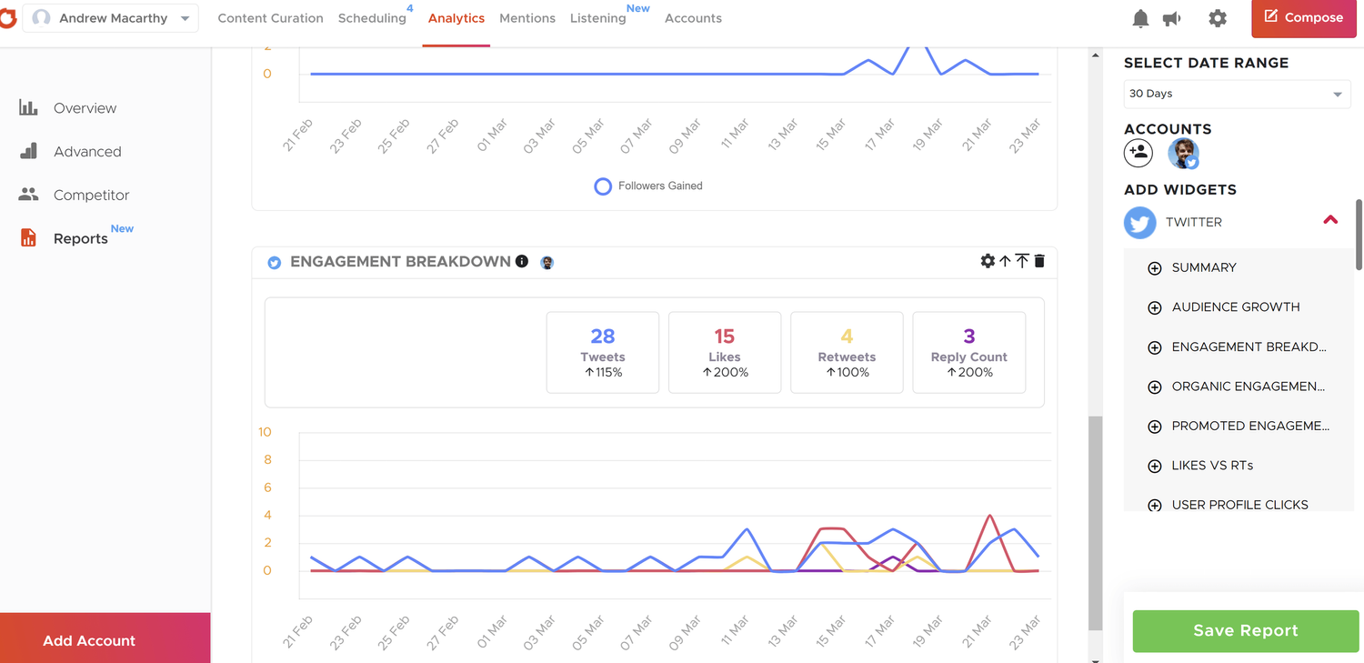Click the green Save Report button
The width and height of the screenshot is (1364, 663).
tap(1245, 630)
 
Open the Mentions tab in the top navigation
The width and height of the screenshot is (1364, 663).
tap(527, 18)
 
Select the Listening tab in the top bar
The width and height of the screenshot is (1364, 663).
tap(597, 18)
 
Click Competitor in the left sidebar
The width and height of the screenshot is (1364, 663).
tap(91, 195)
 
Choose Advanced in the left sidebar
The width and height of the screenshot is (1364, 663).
tap(87, 152)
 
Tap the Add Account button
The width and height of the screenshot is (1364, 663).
tap(89, 640)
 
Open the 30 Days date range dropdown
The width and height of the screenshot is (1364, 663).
tap(1237, 94)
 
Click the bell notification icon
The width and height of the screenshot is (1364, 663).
tap(1140, 18)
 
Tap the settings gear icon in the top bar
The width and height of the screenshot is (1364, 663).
tap(1218, 18)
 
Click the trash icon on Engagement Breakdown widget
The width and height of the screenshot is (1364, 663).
tap(1039, 261)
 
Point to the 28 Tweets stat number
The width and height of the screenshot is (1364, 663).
tap(602, 337)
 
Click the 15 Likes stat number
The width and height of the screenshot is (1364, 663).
tap(725, 337)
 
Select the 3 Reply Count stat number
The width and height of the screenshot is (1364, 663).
tap(969, 337)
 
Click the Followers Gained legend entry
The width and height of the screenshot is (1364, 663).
tap(648, 186)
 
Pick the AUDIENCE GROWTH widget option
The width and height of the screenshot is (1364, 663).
tap(1235, 307)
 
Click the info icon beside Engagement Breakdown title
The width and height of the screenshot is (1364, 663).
tap(522, 261)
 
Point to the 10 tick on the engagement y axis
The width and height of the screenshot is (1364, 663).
tap(265, 432)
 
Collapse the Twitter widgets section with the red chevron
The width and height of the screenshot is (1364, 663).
tap(1330, 220)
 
